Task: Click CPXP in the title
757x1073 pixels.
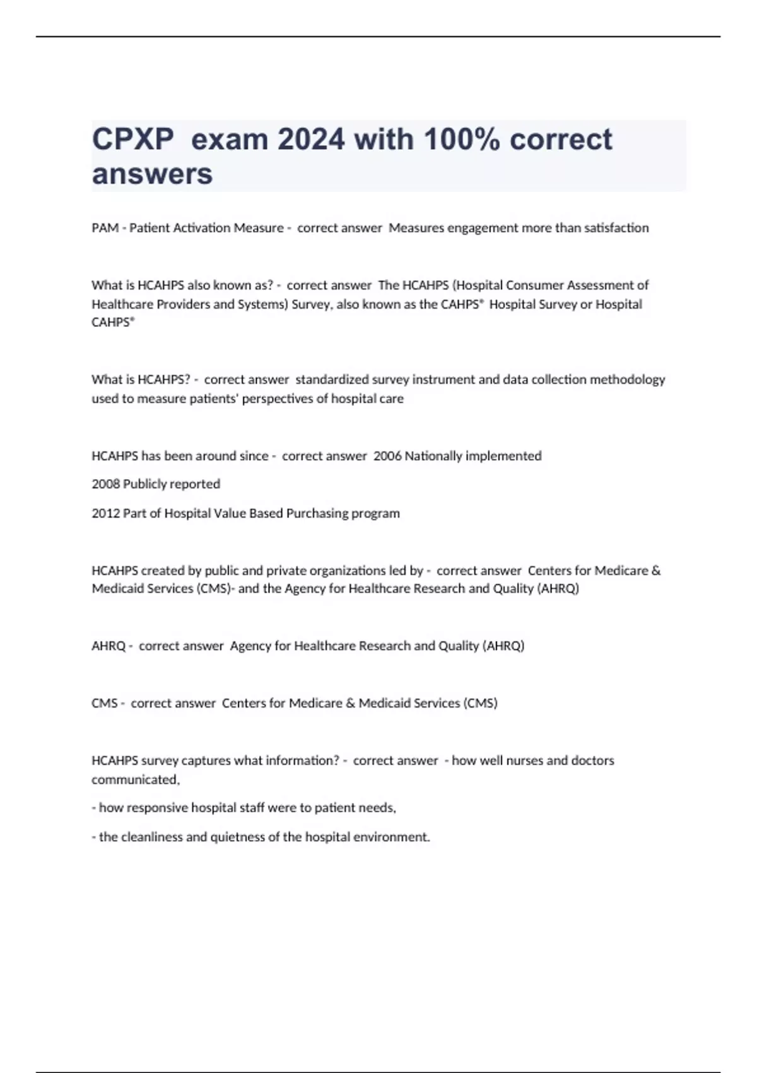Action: pos(132,139)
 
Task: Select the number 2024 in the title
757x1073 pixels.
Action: pos(312,139)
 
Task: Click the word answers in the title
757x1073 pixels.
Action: pos(152,174)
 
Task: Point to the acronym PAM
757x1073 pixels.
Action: pos(105,228)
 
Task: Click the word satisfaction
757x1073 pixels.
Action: pos(616,228)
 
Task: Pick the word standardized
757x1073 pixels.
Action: pos(332,380)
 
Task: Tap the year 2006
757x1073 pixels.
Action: pos(387,456)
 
